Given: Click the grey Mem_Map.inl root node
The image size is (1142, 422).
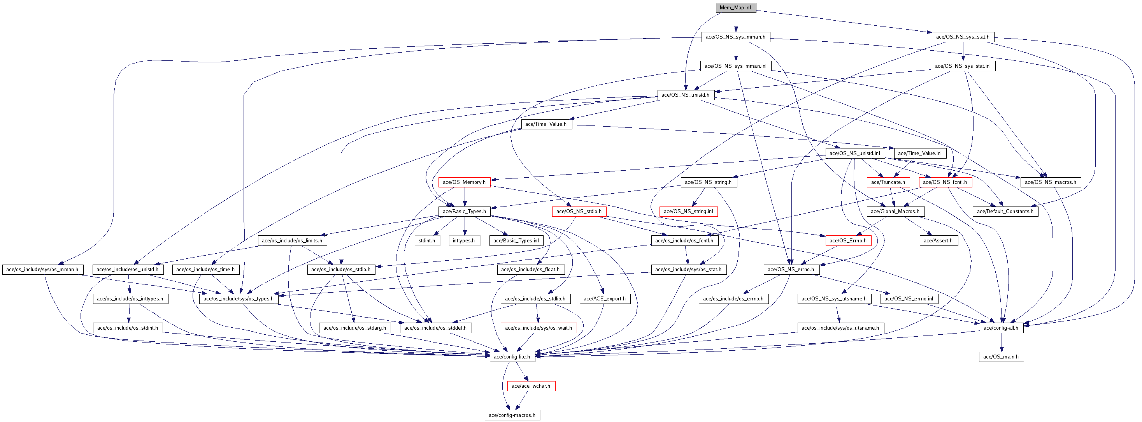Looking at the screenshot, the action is (x=735, y=7).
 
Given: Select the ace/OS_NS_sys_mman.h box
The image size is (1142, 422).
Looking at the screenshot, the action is (x=735, y=37).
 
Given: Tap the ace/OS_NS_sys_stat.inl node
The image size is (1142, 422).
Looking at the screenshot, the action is (x=963, y=66).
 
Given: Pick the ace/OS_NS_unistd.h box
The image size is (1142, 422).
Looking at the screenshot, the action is (x=685, y=95).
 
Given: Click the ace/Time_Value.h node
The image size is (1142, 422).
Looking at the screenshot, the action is (x=546, y=124).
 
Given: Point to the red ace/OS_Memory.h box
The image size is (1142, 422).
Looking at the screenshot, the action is (x=464, y=182).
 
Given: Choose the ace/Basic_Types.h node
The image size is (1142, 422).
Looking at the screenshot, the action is (x=464, y=212).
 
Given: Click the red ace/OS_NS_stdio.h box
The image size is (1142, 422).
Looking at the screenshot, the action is (x=579, y=212).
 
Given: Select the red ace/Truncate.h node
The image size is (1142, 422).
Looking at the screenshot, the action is (x=888, y=182).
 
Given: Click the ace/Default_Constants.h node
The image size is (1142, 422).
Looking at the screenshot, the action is (x=1005, y=212).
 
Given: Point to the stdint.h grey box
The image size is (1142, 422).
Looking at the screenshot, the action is (x=427, y=241).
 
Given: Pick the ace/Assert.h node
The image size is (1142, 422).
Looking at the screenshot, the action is (x=938, y=241).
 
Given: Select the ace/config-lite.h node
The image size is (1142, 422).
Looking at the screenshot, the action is (x=512, y=357).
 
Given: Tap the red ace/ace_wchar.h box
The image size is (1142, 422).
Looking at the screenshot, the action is (x=531, y=386).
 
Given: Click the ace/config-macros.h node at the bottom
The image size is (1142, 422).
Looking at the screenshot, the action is (x=512, y=415).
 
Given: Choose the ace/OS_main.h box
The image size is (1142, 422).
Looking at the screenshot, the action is (x=1001, y=357).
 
